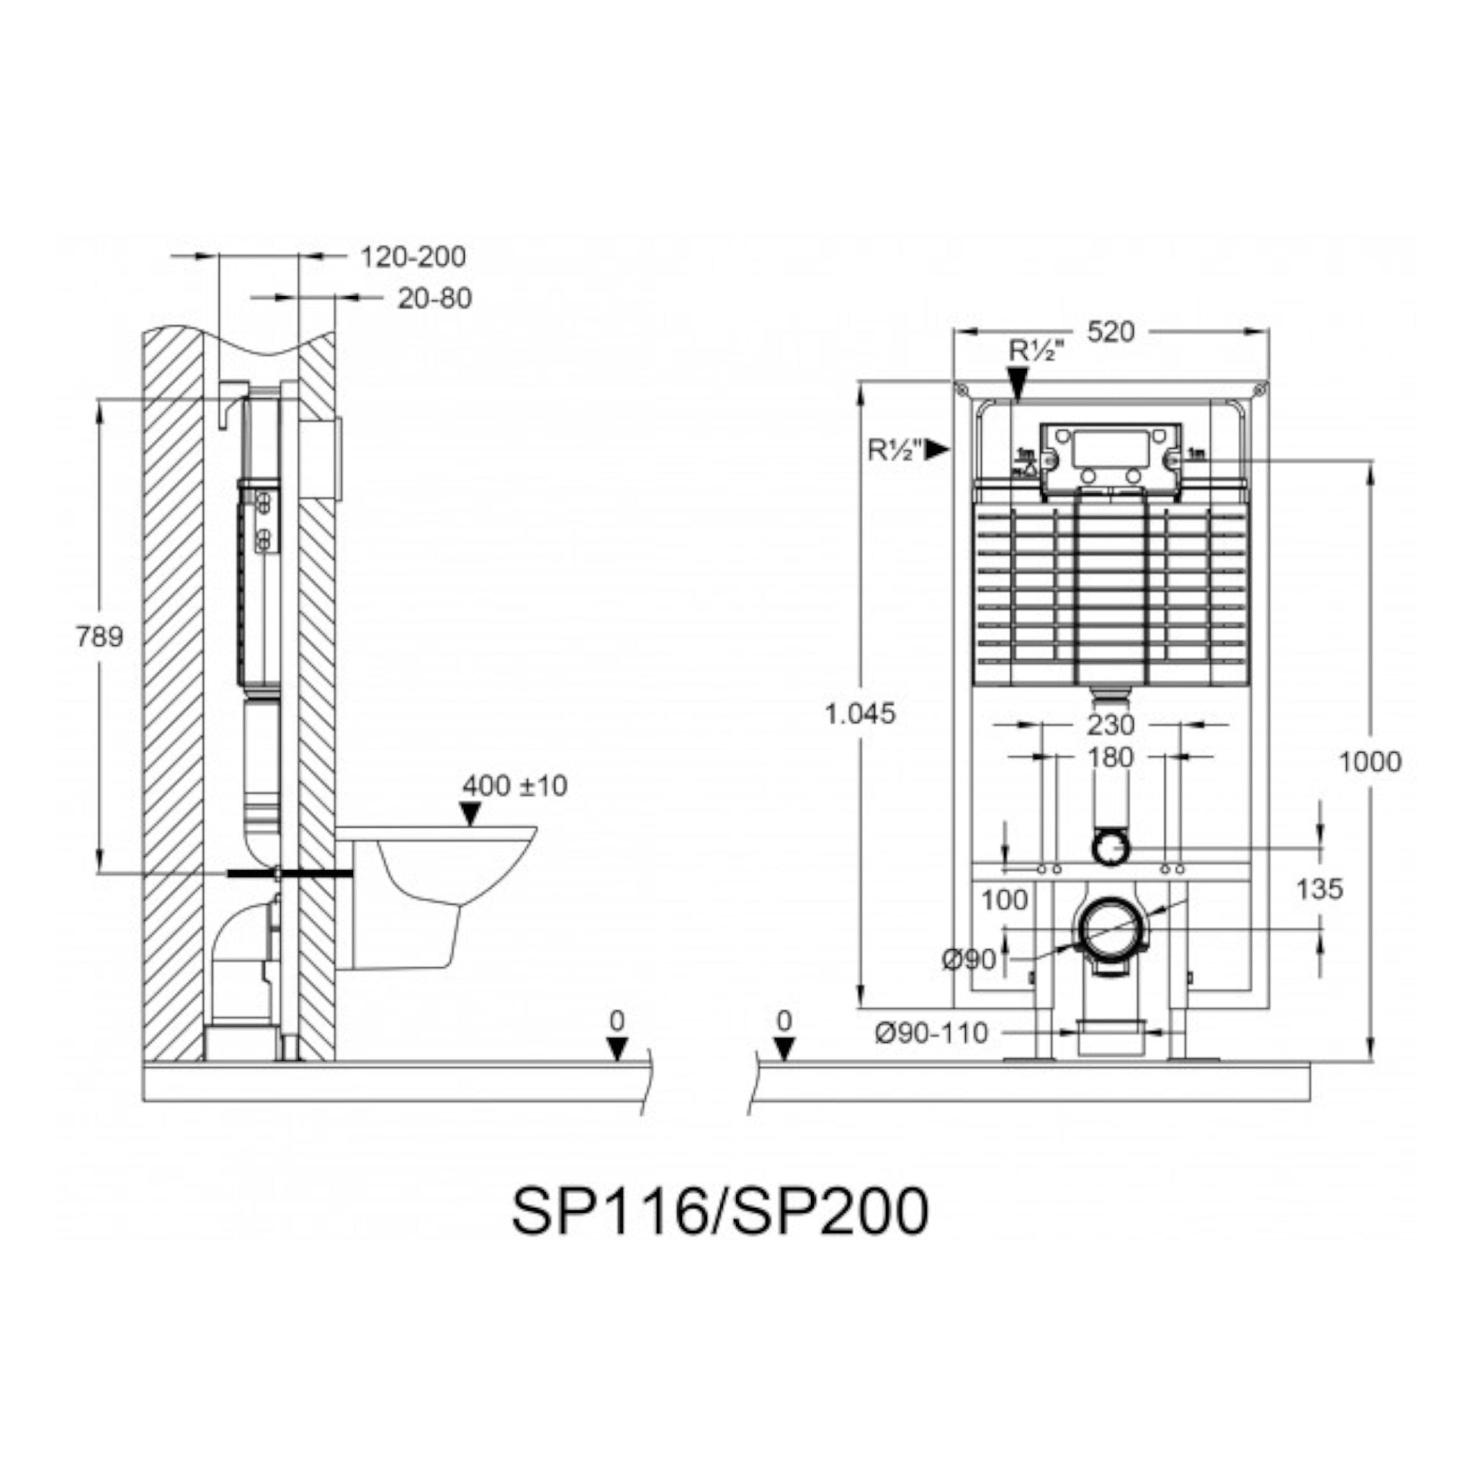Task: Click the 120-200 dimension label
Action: point(412,256)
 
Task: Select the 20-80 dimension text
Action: point(434,298)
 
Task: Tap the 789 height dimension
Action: point(99,636)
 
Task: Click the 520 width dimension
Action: point(1111,331)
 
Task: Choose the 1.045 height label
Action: point(860,714)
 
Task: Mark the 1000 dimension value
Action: point(1371,761)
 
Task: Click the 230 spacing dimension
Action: point(1111,725)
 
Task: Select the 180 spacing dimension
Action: point(1111,758)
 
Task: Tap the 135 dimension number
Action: point(1319,889)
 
